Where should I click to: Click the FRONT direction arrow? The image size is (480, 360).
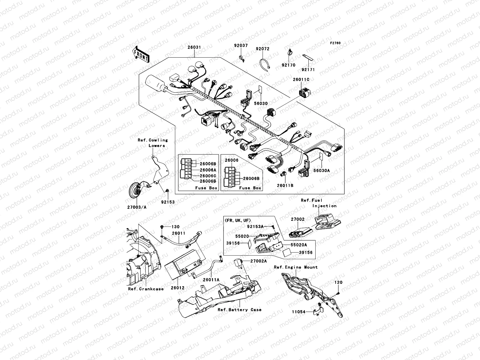click(141, 55)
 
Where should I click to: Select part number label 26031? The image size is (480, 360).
click(194, 48)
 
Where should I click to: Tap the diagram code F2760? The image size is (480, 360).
click(335, 43)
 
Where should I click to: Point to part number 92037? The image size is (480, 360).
click(241, 46)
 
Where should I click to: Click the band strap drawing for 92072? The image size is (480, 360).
click(264, 64)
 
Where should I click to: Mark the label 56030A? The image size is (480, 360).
click(321, 170)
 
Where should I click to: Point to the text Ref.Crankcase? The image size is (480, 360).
click(146, 289)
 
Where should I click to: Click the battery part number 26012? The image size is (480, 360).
click(178, 288)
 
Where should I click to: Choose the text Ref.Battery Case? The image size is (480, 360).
click(239, 310)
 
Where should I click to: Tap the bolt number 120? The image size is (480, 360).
click(338, 282)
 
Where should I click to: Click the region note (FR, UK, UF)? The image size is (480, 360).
click(237, 220)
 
